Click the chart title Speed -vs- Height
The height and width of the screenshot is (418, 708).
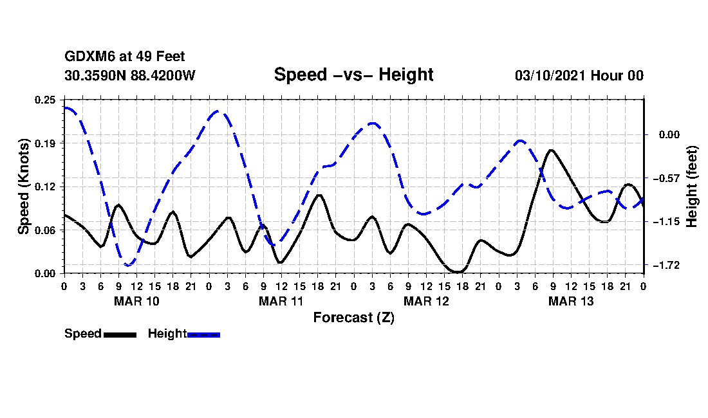click(353, 75)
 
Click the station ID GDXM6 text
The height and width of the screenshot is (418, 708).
click(84, 57)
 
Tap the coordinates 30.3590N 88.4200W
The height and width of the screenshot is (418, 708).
click(130, 75)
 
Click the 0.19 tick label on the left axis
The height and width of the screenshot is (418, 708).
click(46, 143)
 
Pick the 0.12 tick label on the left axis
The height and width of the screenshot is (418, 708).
click(46, 186)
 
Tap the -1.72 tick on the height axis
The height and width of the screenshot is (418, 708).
click(665, 265)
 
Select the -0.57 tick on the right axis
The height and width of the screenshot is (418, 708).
click(665, 178)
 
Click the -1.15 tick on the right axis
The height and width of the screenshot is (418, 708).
click(665, 222)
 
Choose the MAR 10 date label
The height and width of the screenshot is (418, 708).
click(136, 301)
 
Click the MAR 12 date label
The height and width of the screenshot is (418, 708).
click(426, 301)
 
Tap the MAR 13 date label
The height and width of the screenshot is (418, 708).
click(571, 301)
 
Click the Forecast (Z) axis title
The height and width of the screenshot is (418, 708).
click(353, 318)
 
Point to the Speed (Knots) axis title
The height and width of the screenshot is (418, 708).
click(23, 186)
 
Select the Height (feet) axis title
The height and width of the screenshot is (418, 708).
click(693, 186)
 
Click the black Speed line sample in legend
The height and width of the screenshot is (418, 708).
click(120, 334)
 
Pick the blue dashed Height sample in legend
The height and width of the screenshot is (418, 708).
click(204, 334)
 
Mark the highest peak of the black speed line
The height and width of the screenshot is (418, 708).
click(552, 150)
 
